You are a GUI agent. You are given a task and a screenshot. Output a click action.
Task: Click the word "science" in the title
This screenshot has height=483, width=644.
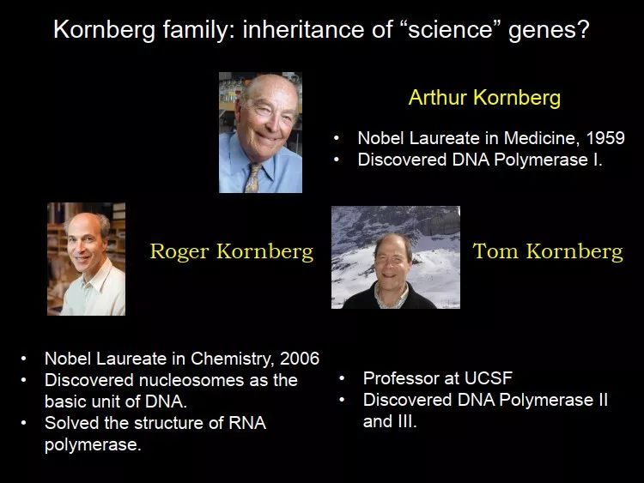coord(450,29)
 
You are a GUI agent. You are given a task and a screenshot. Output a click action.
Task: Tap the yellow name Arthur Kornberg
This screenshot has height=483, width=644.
coord(484,98)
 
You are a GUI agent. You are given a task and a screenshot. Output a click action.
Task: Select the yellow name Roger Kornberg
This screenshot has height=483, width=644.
coord(232,251)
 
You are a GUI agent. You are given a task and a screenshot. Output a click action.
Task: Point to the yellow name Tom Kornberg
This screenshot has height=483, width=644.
coord(548,251)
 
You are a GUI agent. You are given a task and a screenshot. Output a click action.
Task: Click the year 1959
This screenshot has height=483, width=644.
coord(605,138)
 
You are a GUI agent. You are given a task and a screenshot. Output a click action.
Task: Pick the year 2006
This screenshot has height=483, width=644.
coord(300,359)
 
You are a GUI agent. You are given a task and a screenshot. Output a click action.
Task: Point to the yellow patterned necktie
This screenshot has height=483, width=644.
coord(252,178)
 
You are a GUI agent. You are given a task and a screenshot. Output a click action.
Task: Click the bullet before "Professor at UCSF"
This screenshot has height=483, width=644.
coord(342,378)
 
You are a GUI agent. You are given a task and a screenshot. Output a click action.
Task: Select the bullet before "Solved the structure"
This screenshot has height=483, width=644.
coord(24,423)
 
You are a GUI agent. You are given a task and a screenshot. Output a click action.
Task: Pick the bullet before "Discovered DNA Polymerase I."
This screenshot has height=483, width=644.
coord(337,160)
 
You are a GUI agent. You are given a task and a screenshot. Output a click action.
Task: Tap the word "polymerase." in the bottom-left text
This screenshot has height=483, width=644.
coord(93,445)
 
